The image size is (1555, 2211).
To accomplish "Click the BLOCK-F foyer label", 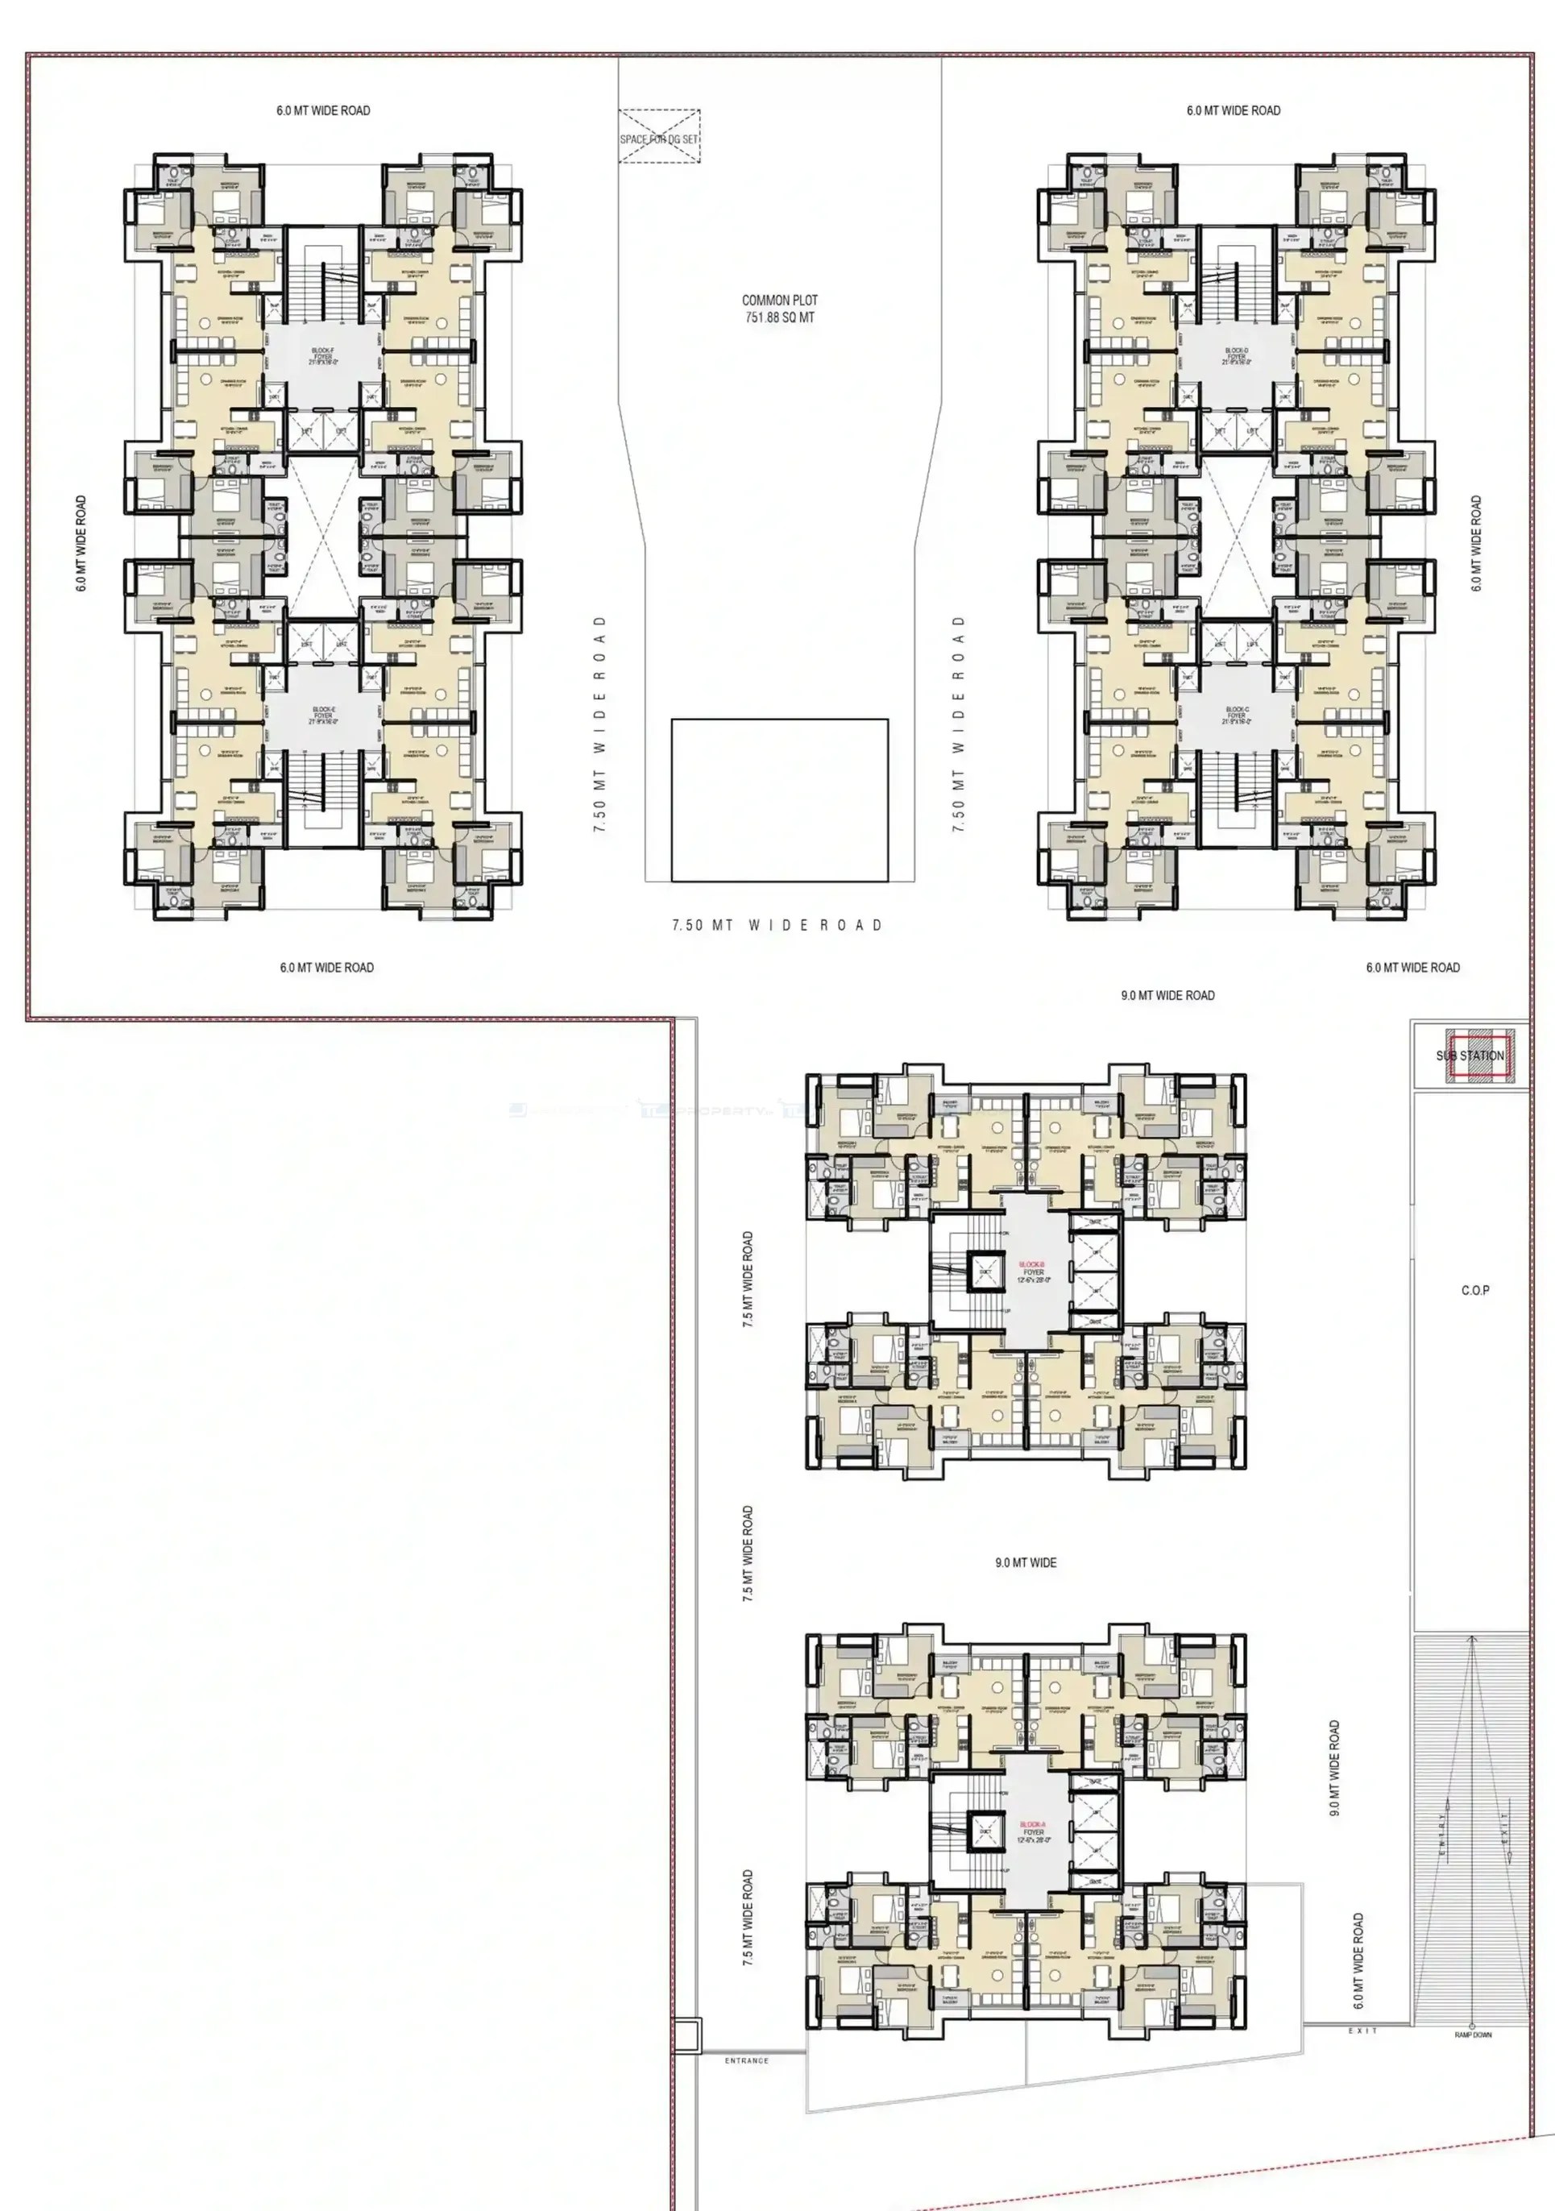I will [322, 356].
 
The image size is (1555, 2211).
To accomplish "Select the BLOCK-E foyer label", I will [322, 715].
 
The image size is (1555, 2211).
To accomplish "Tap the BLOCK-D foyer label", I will [1236, 356].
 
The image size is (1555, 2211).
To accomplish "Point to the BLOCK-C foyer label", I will [1236, 715].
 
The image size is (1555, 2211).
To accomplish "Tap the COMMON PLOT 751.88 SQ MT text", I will [779, 308].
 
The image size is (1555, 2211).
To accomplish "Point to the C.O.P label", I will [1474, 1289].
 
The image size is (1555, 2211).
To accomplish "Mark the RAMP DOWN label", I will [1472, 2035].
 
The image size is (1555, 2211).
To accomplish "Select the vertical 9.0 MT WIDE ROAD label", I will [1334, 1768].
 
